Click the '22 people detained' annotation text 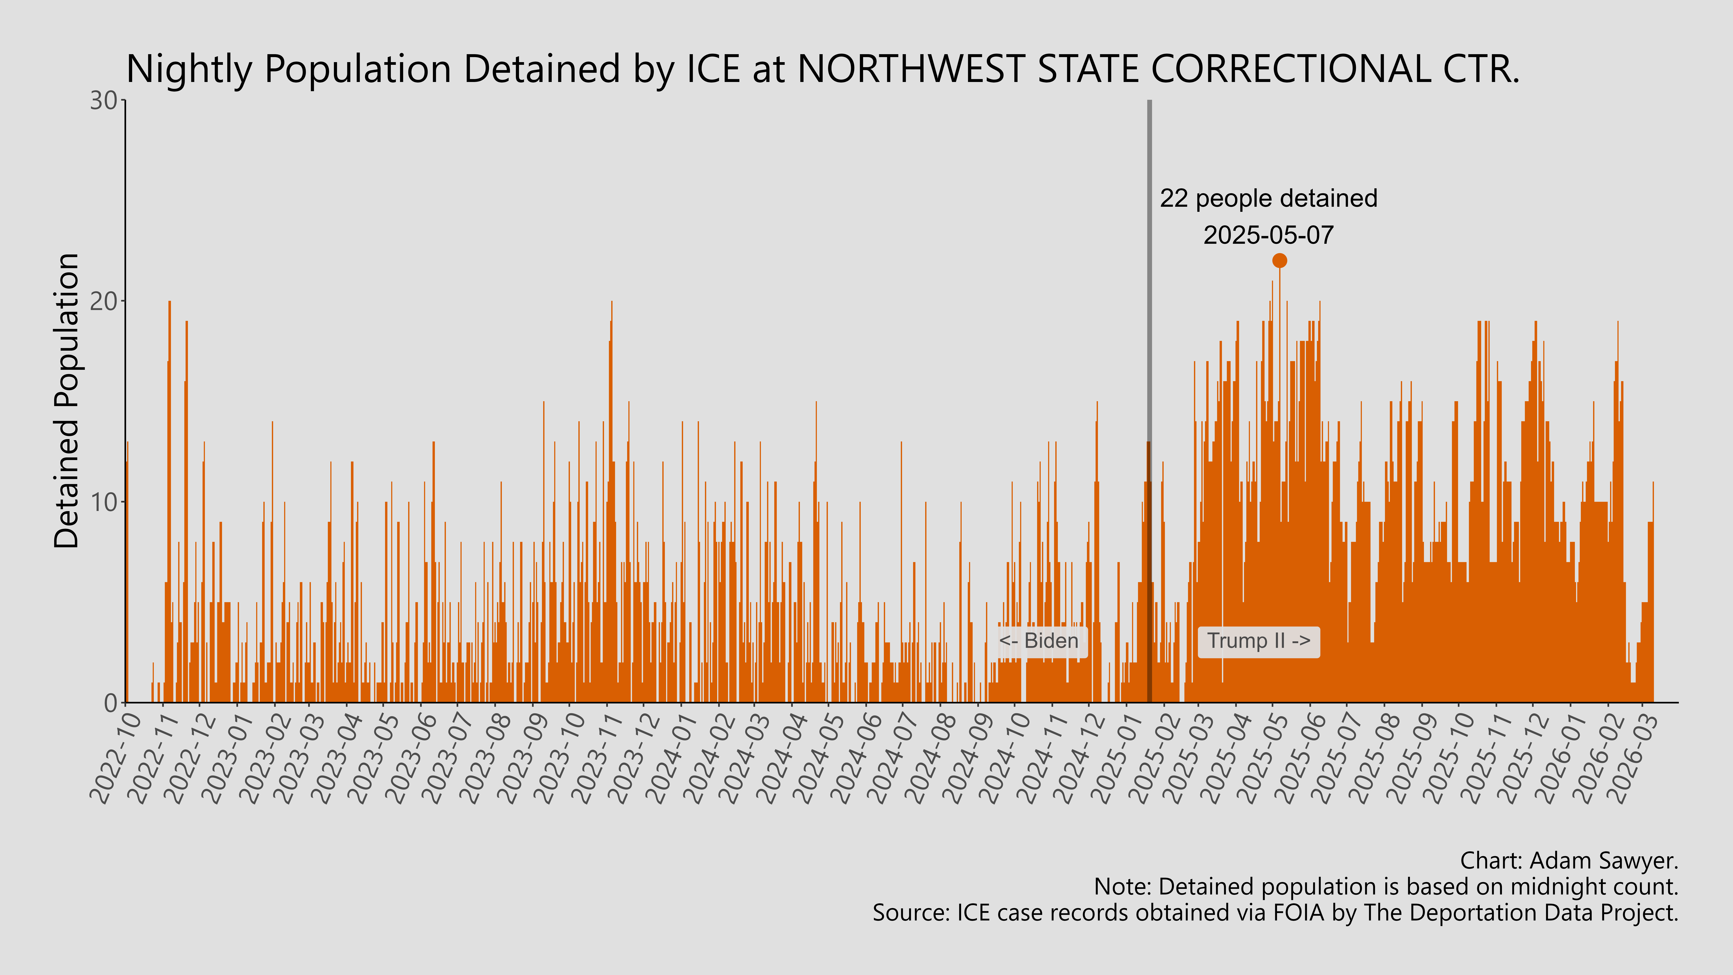(1268, 198)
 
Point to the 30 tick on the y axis (104, 101)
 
